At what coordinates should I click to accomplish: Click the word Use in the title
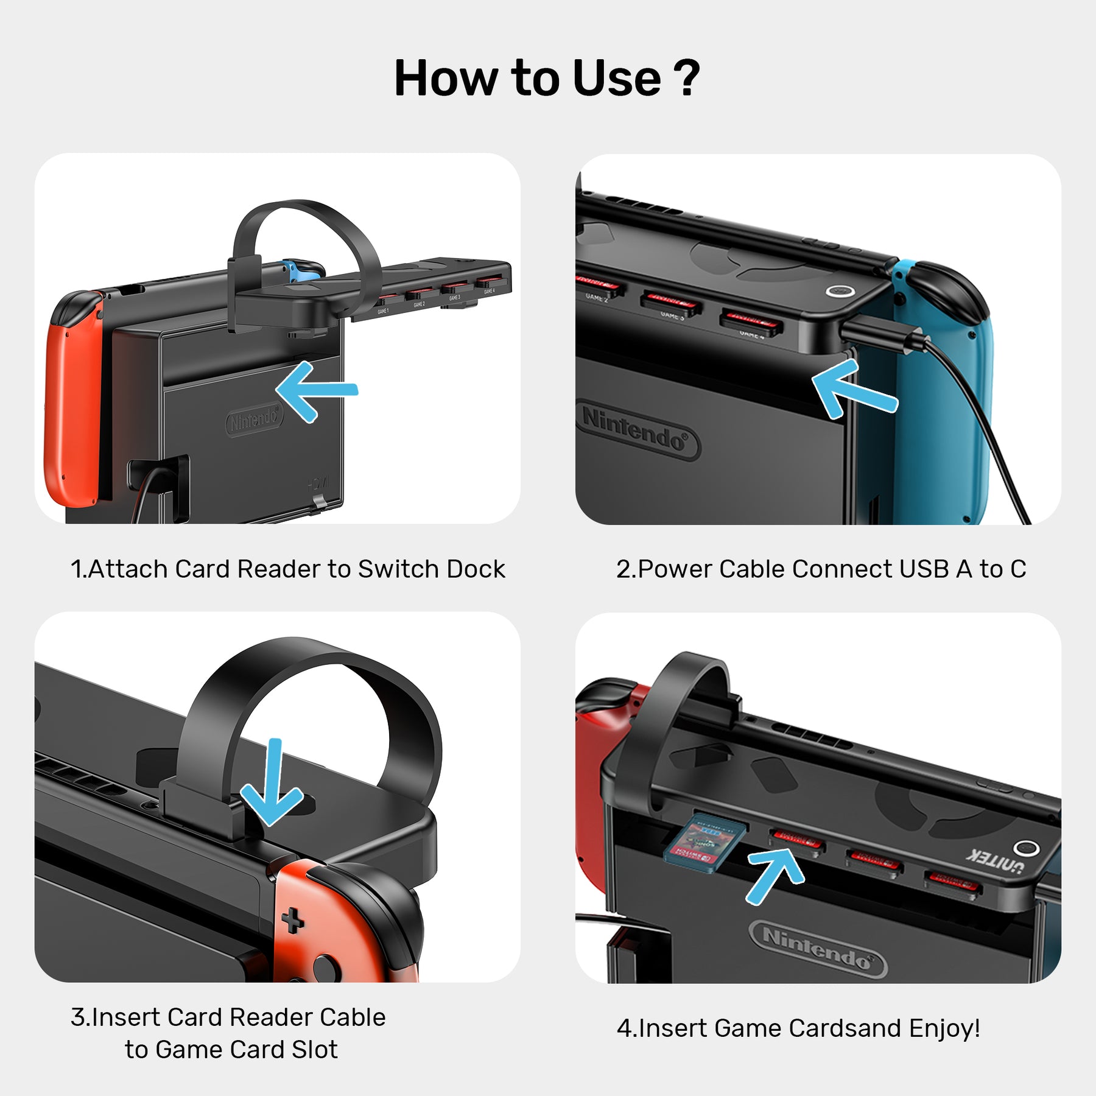(x=616, y=79)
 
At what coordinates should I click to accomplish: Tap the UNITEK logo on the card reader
(x=994, y=860)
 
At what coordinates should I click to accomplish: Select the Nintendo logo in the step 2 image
(x=637, y=430)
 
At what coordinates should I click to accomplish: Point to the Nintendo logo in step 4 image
(x=817, y=949)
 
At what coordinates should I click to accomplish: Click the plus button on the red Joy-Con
(x=293, y=921)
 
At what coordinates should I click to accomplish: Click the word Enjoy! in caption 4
(x=944, y=1028)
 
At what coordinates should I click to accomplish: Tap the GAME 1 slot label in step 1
(x=383, y=311)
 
